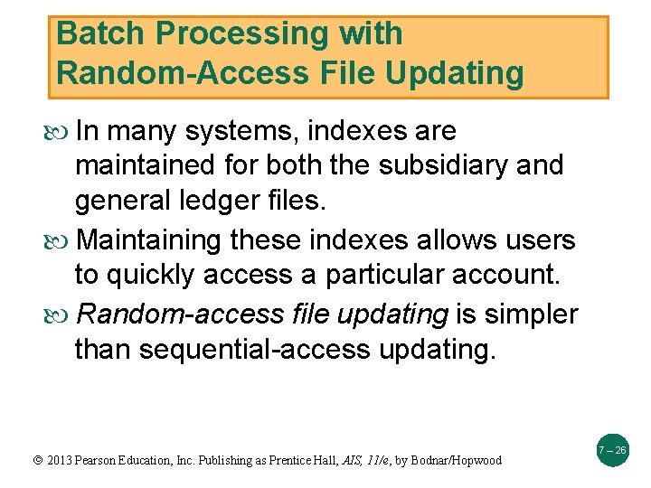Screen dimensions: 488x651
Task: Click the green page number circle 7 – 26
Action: (x=612, y=450)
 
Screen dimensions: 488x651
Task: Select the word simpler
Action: (x=532, y=314)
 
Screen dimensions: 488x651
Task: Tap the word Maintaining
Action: (x=149, y=241)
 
